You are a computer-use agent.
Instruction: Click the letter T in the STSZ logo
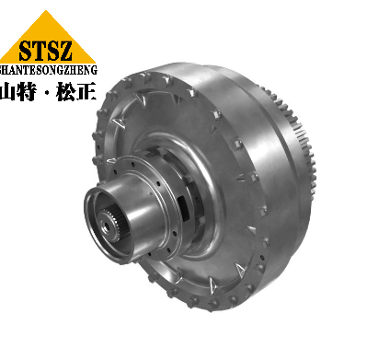pos(39,51)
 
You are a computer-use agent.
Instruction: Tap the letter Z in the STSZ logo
pos(64,51)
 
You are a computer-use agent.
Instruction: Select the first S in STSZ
pos(26,51)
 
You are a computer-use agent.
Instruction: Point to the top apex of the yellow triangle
pos(46,10)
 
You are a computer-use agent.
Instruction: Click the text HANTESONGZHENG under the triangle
pos(49,70)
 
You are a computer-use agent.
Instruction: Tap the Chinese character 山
pos(7,91)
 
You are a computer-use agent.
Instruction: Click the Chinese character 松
pos(65,91)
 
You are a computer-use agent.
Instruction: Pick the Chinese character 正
pos(86,91)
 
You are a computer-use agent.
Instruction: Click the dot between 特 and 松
pos(47,92)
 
